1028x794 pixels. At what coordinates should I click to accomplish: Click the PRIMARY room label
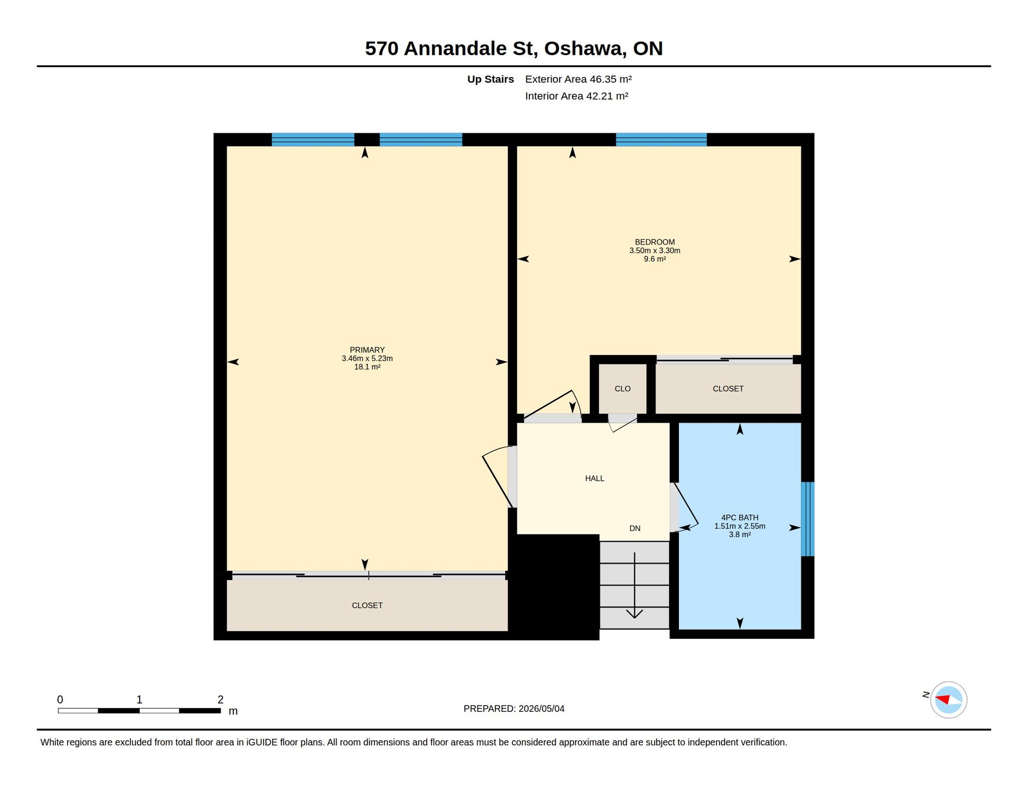367,350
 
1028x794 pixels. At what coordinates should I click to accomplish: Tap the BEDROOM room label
655,242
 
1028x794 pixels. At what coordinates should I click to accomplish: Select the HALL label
595,479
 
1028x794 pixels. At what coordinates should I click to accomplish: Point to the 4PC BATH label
740,517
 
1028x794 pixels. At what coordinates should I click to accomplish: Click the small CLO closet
623,389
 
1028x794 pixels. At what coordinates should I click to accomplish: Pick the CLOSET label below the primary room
367,605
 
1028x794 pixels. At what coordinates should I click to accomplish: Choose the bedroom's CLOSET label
728,389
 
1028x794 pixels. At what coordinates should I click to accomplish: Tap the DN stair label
635,528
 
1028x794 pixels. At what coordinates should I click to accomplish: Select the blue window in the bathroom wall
808,519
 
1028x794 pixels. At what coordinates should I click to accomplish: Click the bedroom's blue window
661,140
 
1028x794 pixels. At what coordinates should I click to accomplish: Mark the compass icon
948,700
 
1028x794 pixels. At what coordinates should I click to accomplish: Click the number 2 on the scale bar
220,699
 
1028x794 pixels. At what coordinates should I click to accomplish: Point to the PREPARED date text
514,709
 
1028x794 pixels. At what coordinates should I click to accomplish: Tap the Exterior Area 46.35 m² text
579,79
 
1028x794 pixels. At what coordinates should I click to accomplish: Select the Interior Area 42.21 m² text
577,96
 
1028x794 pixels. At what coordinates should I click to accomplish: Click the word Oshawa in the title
585,49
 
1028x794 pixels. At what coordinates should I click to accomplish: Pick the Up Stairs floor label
491,79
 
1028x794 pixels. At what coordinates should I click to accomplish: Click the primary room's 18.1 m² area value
367,367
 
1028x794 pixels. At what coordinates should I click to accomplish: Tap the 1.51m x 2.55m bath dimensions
740,526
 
